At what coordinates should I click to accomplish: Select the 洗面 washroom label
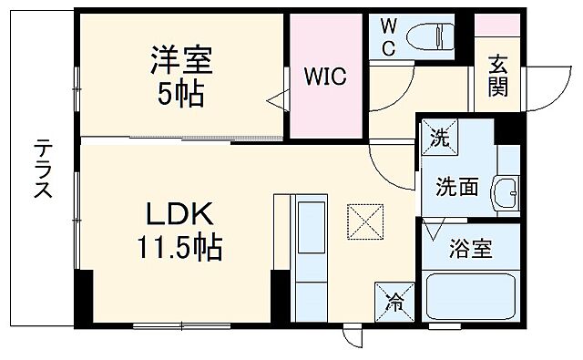click(x=456, y=187)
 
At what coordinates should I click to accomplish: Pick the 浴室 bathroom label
click(x=470, y=250)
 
